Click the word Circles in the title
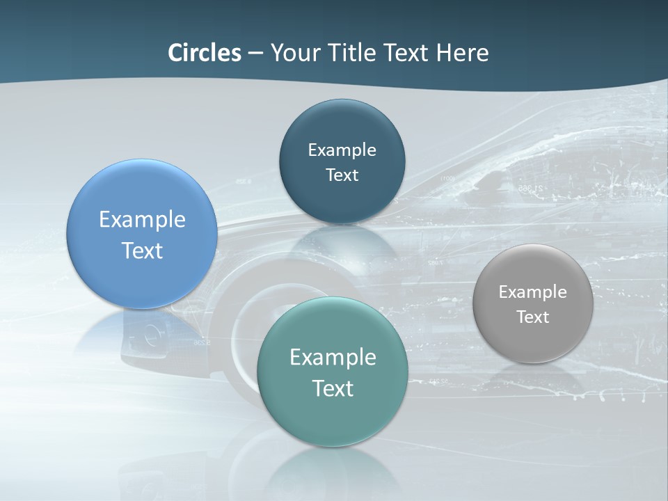[205, 53]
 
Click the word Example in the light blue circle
[142, 220]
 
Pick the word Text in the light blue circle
[142, 250]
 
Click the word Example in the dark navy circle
[342, 150]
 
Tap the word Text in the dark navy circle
[342, 175]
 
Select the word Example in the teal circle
[333, 358]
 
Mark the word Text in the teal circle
[333, 388]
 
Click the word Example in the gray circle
[532, 292]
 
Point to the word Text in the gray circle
[532, 317]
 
